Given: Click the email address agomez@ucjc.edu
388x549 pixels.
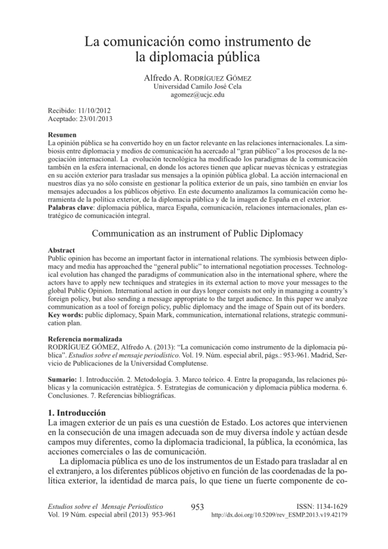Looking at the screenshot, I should (x=193, y=95).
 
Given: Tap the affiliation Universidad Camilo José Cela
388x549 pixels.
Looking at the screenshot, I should (x=193, y=87).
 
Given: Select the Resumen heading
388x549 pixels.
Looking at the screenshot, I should (x=62, y=135).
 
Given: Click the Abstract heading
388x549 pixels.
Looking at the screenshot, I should (x=62, y=250).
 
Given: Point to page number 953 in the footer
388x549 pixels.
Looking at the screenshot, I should (x=198, y=507).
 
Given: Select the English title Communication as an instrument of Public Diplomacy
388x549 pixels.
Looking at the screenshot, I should (x=198, y=234).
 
